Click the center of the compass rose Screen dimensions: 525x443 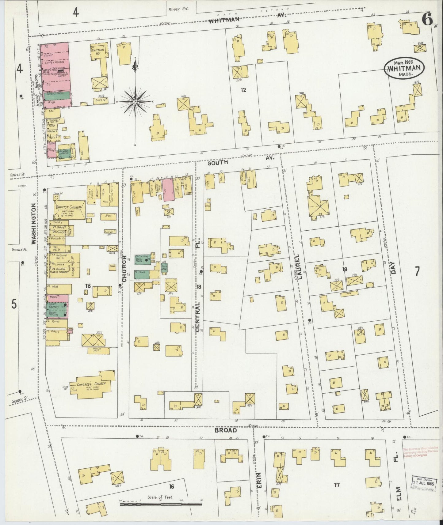pos(135,101)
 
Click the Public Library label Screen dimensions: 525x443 pos(59,274)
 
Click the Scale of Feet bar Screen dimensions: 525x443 pos(160,503)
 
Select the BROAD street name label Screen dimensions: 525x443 pos(225,430)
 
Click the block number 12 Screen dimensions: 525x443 pos(243,90)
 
